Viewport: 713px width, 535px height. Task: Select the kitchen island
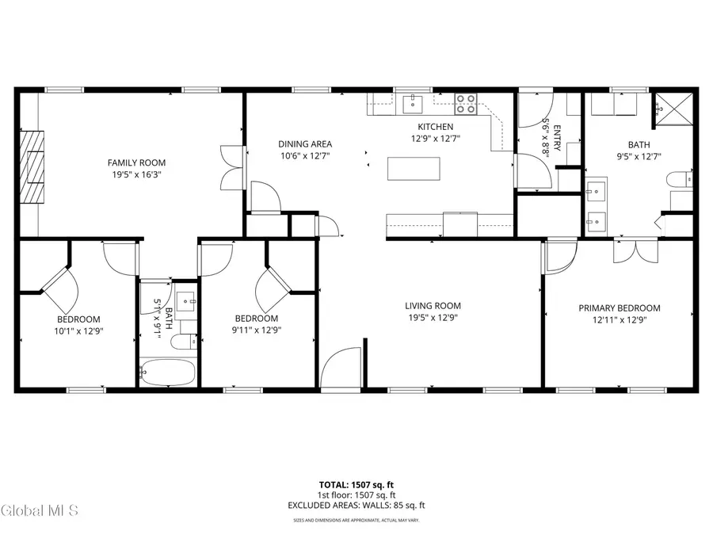(414, 169)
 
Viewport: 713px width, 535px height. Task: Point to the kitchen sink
(413, 103)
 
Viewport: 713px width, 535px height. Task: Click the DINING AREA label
(305, 144)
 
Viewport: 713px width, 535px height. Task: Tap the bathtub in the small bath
(166, 373)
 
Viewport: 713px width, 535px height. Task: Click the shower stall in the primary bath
(673, 109)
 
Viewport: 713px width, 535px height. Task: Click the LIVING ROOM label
(433, 306)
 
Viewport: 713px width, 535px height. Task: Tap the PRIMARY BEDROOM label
(619, 308)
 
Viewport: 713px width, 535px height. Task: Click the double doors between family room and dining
(230, 167)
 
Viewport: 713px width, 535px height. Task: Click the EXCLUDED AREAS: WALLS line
(356, 505)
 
